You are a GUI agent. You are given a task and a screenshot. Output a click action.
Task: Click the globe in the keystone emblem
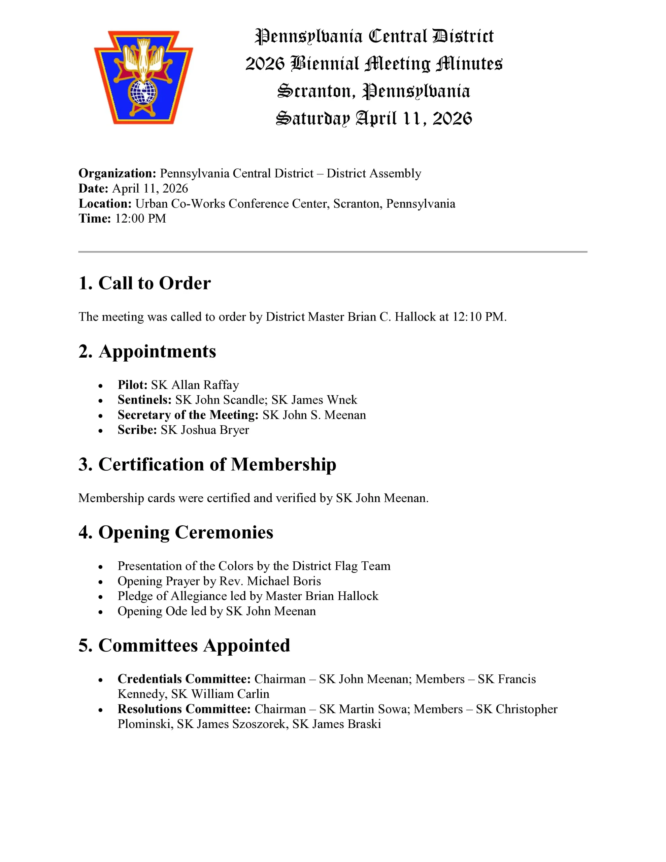pos(143,92)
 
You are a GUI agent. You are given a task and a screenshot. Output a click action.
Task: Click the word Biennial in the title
pos(325,64)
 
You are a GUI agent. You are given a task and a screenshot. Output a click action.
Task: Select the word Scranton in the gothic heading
pos(314,91)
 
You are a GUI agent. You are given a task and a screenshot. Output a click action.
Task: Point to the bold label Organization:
pos(117,173)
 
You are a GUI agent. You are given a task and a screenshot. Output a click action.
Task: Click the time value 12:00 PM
pos(140,218)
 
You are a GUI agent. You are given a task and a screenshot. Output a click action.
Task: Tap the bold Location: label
pos(105,203)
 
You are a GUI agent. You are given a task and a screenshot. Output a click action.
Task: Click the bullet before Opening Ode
pos(101,612)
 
